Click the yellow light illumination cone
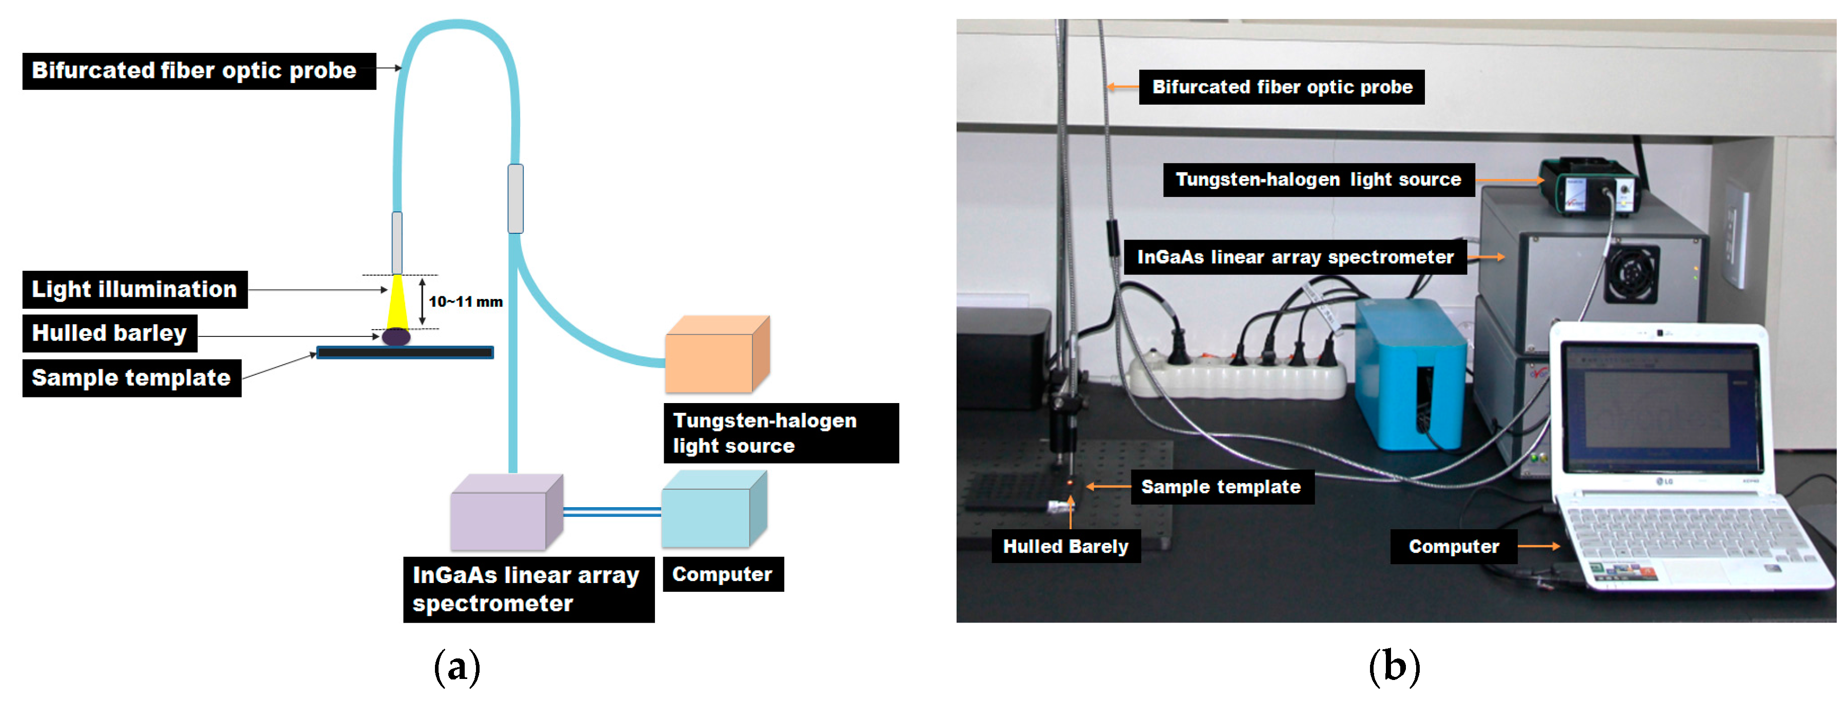coord(396,302)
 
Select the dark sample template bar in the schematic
coord(405,352)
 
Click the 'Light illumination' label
coord(135,290)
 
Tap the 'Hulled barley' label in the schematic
coord(110,333)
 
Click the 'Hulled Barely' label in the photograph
coord(1065,546)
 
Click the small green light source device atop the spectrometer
coord(1588,187)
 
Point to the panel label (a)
coord(456,666)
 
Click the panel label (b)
coord(1394,666)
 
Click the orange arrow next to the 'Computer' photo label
coord(1539,546)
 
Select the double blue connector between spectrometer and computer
coord(611,512)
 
